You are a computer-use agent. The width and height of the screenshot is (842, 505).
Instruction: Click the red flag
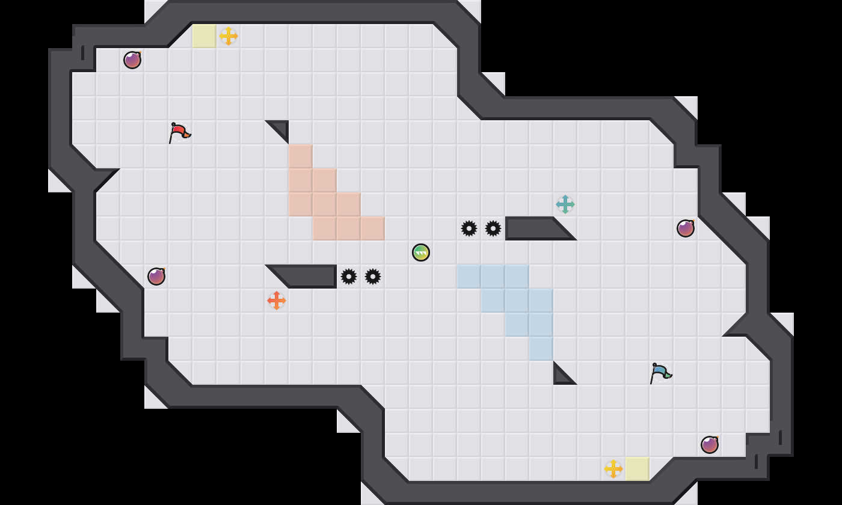click(179, 132)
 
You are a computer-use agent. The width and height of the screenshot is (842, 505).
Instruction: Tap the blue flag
click(660, 372)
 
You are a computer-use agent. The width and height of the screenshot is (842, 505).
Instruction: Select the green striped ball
click(421, 252)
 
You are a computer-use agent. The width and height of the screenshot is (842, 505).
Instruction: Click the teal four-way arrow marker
click(565, 204)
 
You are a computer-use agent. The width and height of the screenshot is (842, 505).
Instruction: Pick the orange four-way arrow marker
click(277, 300)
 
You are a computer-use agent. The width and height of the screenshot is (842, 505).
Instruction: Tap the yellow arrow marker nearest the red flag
click(229, 36)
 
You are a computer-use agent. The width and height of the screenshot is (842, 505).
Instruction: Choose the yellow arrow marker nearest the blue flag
click(613, 469)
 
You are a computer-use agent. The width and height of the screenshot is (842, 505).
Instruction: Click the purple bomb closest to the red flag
click(132, 60)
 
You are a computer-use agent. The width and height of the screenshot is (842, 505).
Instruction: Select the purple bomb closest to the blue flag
click(710, 445)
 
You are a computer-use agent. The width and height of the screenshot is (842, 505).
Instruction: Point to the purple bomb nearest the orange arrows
click(156, 277)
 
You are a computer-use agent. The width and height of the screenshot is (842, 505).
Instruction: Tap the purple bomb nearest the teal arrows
click(686, 228)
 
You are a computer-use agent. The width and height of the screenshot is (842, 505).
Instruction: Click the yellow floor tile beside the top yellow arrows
click(204, 36)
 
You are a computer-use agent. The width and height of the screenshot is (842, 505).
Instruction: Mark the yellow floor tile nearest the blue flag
click(638, 469)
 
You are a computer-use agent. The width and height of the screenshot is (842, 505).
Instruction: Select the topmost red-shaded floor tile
click(301, 156)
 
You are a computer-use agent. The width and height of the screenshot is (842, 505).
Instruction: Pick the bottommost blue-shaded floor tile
click(541, 349)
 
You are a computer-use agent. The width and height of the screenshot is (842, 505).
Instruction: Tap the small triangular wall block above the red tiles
click(281, 127)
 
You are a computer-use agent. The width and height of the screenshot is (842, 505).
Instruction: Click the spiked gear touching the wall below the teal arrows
click(493, 228)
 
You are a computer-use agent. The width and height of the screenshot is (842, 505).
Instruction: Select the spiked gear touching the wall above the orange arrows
click(349, 277)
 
